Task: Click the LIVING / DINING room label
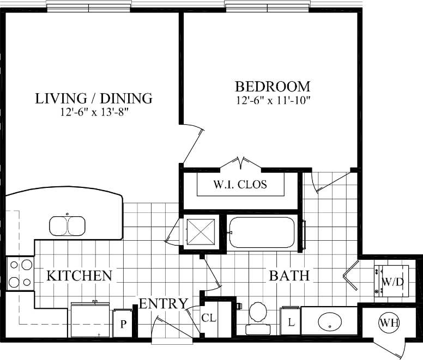pos(93,99)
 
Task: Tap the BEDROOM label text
pos(273,86)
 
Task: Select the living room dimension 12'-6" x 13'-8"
pos(94,112)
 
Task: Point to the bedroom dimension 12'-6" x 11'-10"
pos(273,100)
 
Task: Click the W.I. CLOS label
pos(240,184)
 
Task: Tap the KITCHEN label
pos(79,276)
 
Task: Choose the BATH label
pos(289,276)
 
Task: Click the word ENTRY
pos(164,303)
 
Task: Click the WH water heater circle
pos(389,322)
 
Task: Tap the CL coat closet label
pos(209,317)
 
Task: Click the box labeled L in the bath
pos(291,322)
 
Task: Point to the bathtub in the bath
pos(262,233)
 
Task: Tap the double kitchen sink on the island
pos(67,225)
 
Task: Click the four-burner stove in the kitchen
pos(20,273)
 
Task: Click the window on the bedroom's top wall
pos(267,7)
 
